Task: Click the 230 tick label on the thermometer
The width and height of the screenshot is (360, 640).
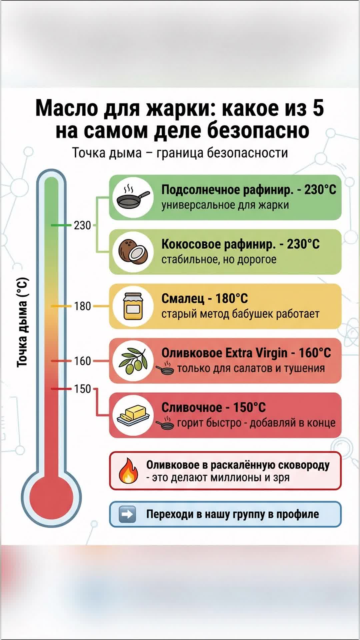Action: [82, 225]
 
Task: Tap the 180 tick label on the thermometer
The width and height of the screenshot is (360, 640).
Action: [82, 306]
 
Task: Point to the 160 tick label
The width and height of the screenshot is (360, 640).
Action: [82, 361]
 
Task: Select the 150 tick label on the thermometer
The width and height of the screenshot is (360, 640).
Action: [82, 389]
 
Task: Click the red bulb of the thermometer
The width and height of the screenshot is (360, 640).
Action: [51, 497]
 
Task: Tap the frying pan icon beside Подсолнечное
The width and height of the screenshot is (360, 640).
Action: [133, 198]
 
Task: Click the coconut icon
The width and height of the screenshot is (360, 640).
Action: [133, 252]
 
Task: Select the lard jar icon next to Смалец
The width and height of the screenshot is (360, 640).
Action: [133, 306]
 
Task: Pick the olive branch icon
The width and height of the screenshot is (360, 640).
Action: [133, 361]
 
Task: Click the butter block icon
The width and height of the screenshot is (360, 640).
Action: [133, 415]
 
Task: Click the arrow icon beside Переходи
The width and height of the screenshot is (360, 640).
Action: [127, 514]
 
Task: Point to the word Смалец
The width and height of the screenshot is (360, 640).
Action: [183, 298]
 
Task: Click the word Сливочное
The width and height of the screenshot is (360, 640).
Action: [192, 407]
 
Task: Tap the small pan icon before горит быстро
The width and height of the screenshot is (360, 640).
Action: [165, 424]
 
